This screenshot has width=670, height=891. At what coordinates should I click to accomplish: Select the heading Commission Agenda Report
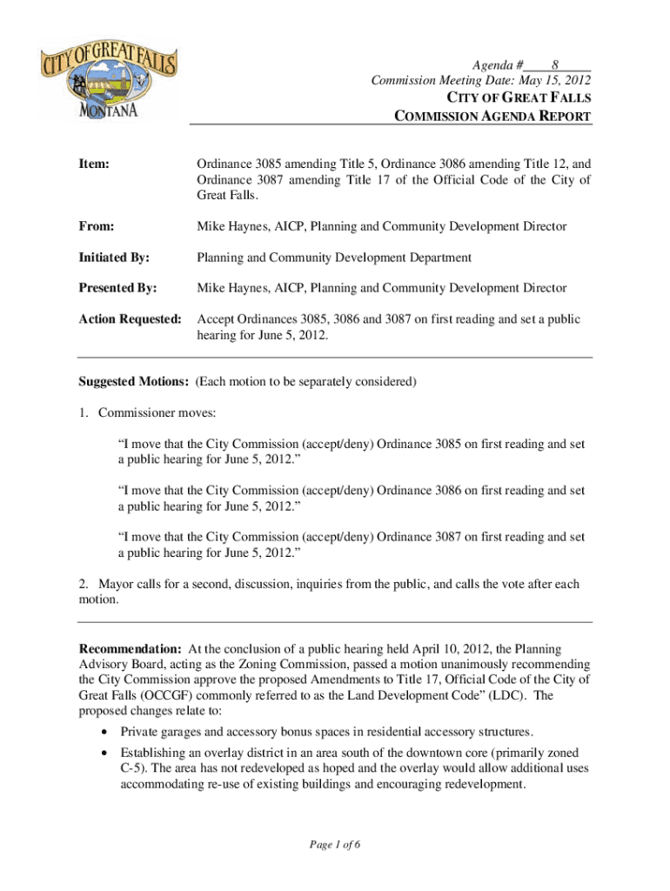(x=493, y=116)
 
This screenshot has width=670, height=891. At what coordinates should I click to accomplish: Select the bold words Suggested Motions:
(x=134, y=381)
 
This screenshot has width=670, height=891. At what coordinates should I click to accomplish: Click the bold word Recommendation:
(x=131, y=649)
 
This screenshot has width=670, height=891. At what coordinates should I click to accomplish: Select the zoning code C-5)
(x=135, y=768)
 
